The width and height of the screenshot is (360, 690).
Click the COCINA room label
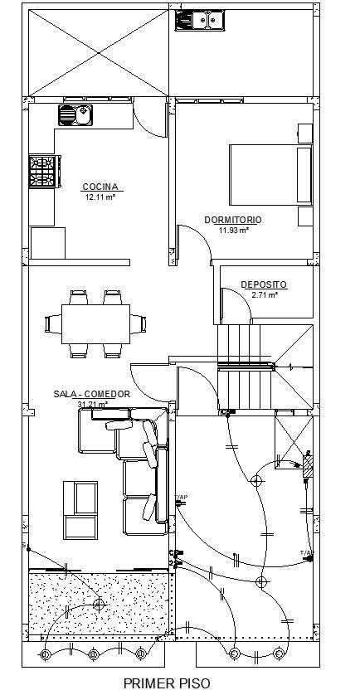[x=100, y=187]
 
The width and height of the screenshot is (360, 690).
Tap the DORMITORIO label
[x=233, y=220]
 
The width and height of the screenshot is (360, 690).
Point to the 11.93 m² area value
[x=233, y=230]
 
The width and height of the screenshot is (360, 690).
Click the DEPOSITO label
[x=264, y=284]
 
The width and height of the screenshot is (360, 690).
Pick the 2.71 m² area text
[x=264, y=294]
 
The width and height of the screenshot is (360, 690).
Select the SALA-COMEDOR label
[x=90, y=395]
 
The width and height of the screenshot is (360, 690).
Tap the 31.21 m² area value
[x=90, y=404]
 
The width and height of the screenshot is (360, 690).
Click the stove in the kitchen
[x=42, y=172]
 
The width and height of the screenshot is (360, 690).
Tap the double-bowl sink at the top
[x=198, y=19]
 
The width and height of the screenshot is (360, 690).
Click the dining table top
[x=95, y=323]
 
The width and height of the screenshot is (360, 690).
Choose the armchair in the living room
[x=80, y=508]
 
